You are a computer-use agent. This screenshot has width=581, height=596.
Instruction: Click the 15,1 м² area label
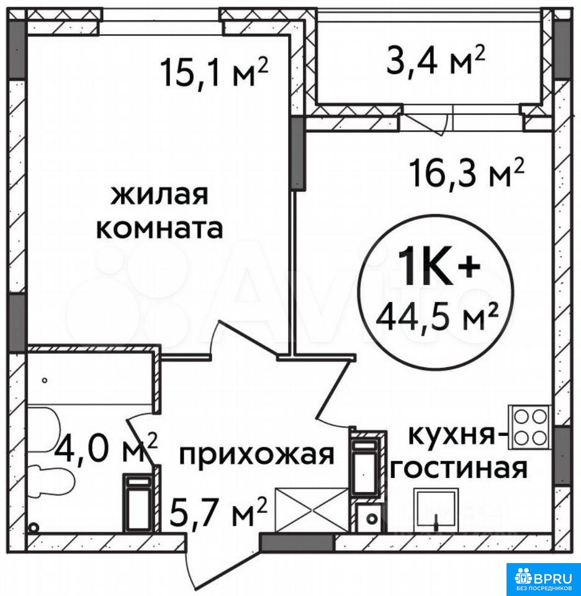tap(215, 72)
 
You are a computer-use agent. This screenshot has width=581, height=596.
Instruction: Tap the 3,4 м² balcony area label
tap(436, 60)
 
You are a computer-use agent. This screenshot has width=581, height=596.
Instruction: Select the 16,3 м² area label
tap(467, 173)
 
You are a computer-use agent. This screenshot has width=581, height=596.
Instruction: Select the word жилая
tap(159, 196)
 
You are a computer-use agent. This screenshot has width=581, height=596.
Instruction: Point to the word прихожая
tap(256, 454)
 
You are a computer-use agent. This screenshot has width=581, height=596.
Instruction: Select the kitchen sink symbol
tap(436, 511)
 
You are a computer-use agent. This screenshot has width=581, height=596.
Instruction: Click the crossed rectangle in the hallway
tap(311, 510)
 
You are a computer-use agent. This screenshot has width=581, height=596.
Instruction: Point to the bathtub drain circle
tap(45, 380)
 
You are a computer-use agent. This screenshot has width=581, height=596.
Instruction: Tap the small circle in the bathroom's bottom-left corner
tap(34, 527)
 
